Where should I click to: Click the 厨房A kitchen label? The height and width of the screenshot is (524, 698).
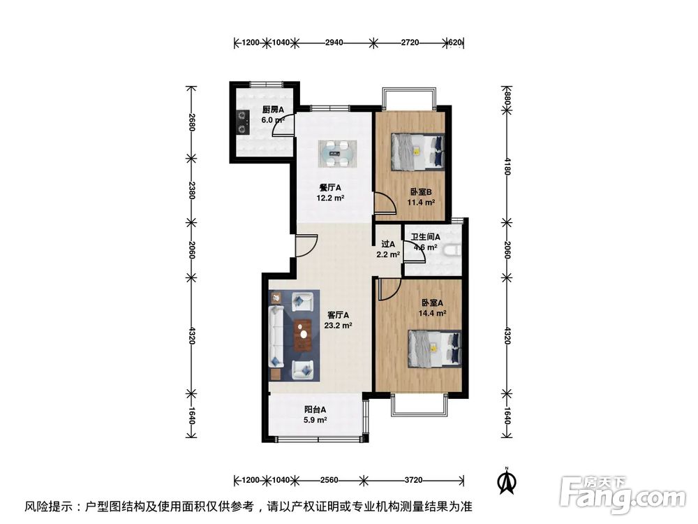pos(272,115)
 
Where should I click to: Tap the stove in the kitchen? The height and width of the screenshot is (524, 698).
pos(242,123)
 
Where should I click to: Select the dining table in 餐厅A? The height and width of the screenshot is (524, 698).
pos(337,153)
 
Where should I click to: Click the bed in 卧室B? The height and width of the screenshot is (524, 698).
pos(417,152)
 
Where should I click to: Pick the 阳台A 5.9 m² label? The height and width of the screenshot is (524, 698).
pos(315,415)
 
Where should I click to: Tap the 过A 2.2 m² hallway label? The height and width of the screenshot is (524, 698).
pos(389,249)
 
